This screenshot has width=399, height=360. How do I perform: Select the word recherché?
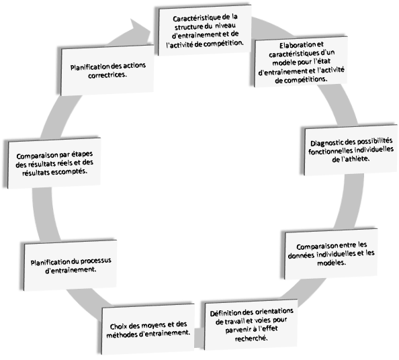[251, 339]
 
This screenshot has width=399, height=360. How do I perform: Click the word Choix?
[118, 326]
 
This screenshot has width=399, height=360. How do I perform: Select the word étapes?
[82, 154]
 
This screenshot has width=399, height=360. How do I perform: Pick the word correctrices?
[107, 75]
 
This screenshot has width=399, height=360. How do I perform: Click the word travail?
[233, 322]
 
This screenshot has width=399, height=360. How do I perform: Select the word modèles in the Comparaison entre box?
[331, 263]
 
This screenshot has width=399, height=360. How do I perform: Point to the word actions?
[134, 66]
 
